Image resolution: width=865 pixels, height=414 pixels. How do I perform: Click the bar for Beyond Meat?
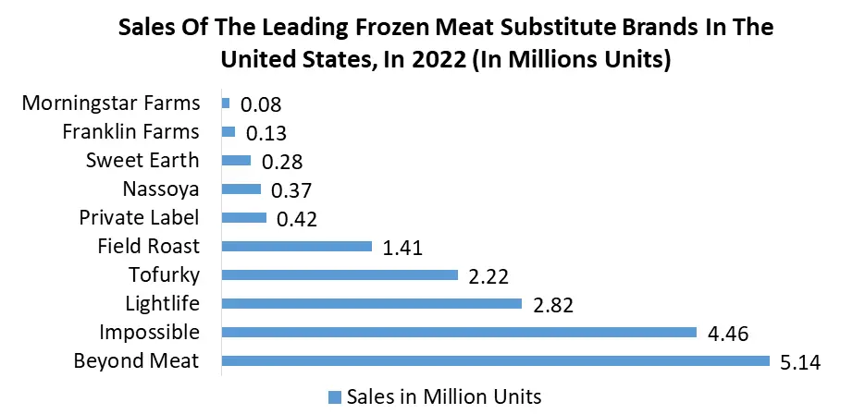(496, 360)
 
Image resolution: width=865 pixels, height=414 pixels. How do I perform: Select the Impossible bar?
(459, 332)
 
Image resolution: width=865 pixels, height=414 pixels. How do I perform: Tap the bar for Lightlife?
(372, 303)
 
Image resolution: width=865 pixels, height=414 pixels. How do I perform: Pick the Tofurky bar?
(340, 274)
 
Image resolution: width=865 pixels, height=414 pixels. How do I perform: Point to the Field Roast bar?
(297, 246)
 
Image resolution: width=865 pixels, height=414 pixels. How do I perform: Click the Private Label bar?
(244, 218)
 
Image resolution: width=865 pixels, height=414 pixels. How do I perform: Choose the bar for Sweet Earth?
(237, 161)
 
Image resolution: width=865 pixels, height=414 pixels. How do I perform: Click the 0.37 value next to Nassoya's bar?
(290, 190)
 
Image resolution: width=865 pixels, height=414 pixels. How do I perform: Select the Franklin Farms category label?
(130, 130)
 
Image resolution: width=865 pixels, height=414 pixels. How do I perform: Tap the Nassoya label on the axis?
(160, 189)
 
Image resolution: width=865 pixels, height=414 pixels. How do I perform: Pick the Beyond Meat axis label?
(136, 360)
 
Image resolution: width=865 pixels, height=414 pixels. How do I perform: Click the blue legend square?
(335, 396)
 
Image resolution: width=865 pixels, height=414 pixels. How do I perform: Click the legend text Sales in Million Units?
(443, 396)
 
